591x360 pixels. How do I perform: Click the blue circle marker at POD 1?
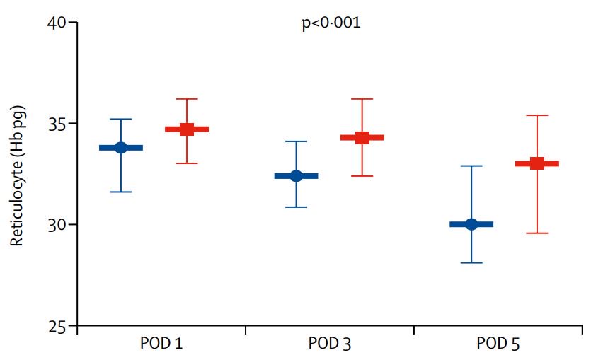click(121, 147)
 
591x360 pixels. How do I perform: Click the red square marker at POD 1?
click(187, 129)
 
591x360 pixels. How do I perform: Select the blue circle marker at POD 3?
click(297, 176)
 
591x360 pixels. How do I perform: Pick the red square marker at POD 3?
click(362, 138)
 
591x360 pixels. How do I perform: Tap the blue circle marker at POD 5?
click(471, 224)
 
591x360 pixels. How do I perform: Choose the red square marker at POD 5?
click(537, 163)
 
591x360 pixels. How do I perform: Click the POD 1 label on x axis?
click(162, 344)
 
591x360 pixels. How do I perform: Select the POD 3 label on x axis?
click(330, 344)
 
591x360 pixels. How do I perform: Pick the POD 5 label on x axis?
click(498, 344)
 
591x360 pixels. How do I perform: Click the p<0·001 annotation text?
click(331, 23)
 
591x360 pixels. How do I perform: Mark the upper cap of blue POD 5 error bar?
click(471, 166)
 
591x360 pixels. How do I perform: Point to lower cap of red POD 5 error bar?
click(537, 233)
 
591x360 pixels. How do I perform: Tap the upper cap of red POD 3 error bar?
click(362, 99)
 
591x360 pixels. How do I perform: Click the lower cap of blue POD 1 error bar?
click(121, 192)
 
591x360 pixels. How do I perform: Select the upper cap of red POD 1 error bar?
click(187, 99)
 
